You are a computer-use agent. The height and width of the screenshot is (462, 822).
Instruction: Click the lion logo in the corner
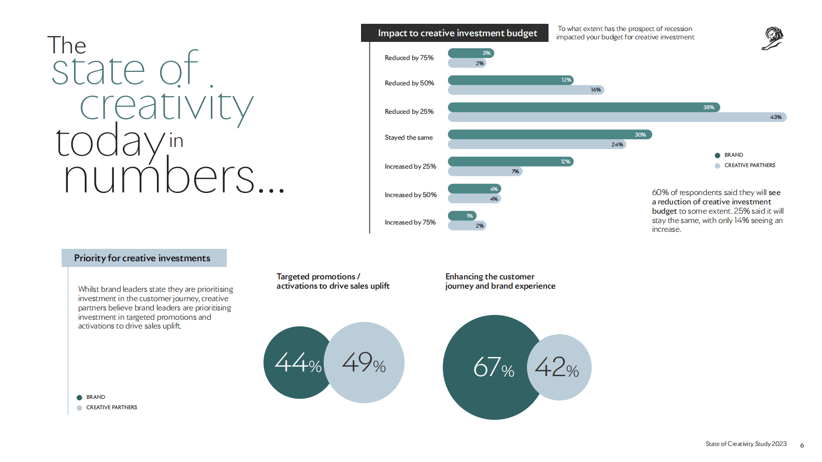pyautogui.click(x=773, y=38)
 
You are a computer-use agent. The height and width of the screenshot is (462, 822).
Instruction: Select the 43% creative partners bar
pyautogui.click(x=616, y=117)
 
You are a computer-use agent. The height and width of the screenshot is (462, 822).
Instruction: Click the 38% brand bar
pyautogui.click(x=583, y=107)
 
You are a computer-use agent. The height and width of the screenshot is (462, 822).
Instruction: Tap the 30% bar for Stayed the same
pyautogui.click(x=549, y=135)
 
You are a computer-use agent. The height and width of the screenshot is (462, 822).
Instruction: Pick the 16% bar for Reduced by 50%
pyautogui.click(x=525, y=90)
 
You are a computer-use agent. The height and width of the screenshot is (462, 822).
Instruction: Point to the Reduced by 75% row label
pyautogui.click(x=409, y=58)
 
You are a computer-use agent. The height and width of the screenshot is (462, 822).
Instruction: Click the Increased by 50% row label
pyautogui.click(x=410, y=195)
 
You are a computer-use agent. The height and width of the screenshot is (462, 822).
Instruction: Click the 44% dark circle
pyautogui.click(x=293, y=362)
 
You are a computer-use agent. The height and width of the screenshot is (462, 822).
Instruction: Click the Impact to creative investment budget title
pyautogui.click(x=457, y=33)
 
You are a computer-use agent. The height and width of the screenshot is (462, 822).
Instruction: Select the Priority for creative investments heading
pyautogui.click(x=142, y=258)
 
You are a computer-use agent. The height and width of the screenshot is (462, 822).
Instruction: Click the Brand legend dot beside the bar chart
pyautogui.click(x=717, y=155)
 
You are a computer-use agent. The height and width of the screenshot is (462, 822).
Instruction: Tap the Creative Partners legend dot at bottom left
pyautogui.click(x=79, y=408)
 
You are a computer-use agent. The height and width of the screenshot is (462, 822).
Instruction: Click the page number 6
pyautogui.click(x=802, y=445)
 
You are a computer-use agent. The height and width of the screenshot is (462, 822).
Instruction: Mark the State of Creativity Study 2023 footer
pyautogui.click(x=746, y=444)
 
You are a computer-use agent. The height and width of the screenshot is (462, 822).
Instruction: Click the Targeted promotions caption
pyautogui.click(x=333, y=281)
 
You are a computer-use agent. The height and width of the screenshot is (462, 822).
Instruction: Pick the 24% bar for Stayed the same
pyautogui.click(x=537, y=144)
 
